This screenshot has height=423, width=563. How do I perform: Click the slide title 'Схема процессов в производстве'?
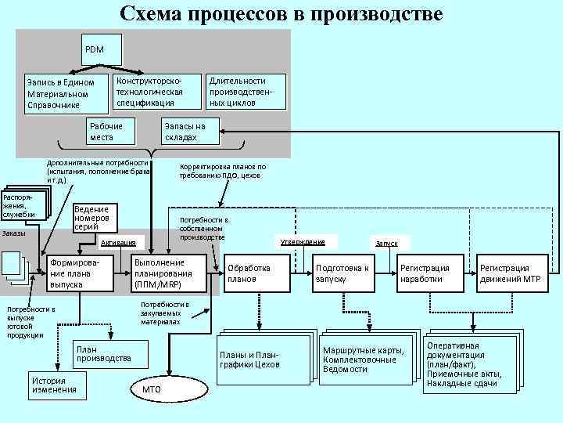point(281,14)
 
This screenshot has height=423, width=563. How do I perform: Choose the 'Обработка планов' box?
point(254,273)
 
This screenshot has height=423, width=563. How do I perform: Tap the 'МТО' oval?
point(152,389)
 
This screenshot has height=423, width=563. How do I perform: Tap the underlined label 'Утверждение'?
point(302,241)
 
